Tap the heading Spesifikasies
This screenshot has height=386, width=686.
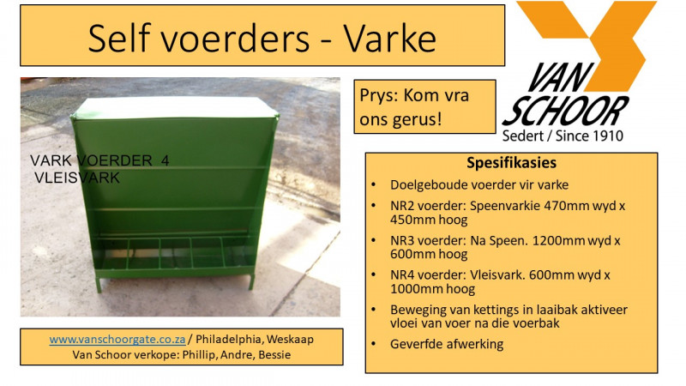[x=511, y=163]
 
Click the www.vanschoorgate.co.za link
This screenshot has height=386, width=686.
[x=120, y=339]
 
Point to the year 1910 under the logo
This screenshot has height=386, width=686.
[x=606, y=135]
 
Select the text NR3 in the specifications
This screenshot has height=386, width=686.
[x=404, y=240]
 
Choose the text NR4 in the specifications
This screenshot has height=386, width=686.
[x=404, y=274]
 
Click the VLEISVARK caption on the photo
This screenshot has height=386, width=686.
[x=77, y=178]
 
